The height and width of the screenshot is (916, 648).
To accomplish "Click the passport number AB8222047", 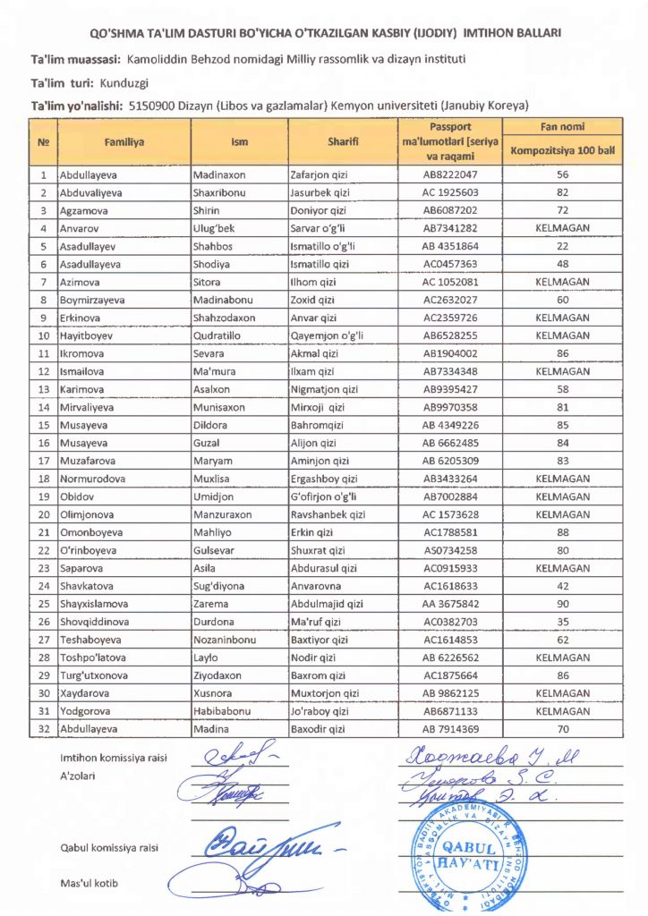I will click(450, 175).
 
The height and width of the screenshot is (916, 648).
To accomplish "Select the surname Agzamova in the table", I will click(82, 209).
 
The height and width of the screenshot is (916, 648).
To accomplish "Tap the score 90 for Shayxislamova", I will click(562, 604).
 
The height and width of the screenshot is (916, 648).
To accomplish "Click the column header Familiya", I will click(124, 142).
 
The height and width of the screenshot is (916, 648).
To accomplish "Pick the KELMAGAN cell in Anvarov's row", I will click(562, 227).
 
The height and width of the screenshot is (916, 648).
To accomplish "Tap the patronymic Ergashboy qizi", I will click(324, 479).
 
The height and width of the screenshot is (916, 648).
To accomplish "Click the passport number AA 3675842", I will click(450, 604).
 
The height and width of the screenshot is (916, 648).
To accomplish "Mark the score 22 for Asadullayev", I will click(562, 245).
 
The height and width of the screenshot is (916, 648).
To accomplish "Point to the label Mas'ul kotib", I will click(89, 884).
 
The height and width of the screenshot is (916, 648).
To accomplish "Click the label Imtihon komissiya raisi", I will click(114, 759).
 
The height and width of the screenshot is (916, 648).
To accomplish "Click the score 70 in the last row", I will click(562, 730).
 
